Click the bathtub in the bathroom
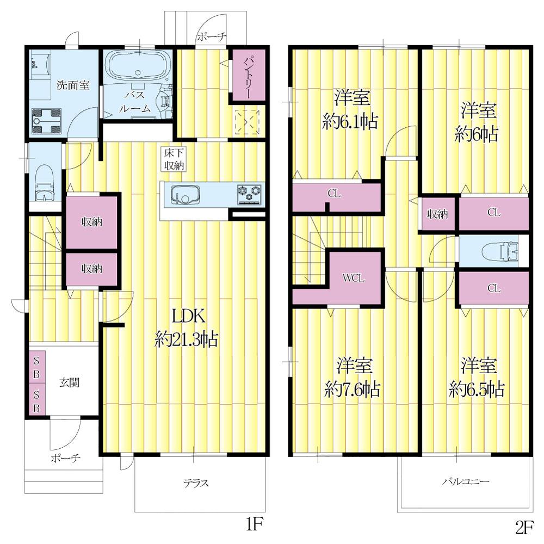point(138,66)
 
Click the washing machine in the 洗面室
point(46,121)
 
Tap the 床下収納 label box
point(174,159)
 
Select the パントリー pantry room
point(249,75)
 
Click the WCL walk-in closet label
point(353,278)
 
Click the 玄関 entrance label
point(70,382)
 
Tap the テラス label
point(196,483)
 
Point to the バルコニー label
point(466,481)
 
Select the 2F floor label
point(524,528)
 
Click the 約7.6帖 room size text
point(353,390)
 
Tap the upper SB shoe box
point(36,367)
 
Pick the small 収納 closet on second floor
point(437,214)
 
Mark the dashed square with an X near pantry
point(246,122)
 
